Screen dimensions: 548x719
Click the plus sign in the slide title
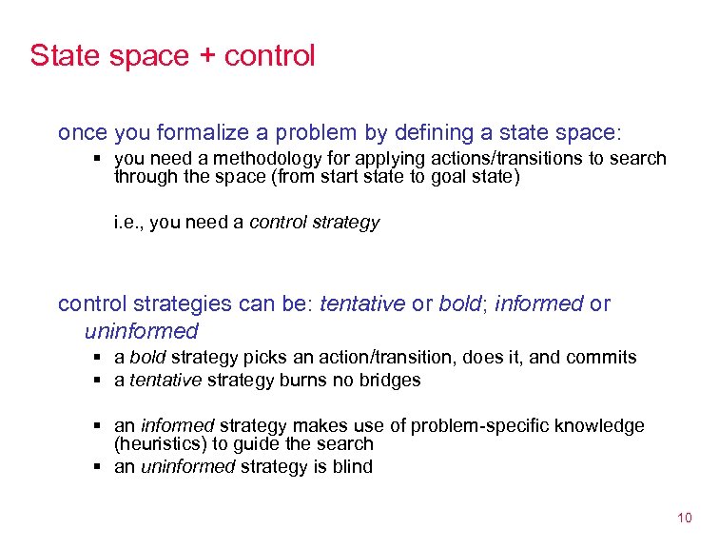(x=207, y=56)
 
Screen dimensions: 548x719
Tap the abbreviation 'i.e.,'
(x=128, y=222)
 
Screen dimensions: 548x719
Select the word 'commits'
(x=601, y=358)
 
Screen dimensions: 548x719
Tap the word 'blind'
(x=351, y=466)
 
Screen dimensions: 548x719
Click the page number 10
(x=685, y=518)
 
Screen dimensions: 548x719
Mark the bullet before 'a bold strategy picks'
(x=98, y=358)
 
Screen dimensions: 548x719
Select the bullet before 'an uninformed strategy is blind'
(x=98, y=466)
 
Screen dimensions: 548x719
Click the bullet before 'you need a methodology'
(x=98, y=158)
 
